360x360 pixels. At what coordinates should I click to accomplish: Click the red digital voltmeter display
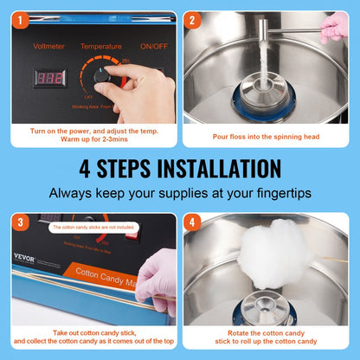click(x=48, y=78)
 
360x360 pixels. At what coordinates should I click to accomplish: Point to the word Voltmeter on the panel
click(x=49, y=46)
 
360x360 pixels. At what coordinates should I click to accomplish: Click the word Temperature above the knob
click(x=100, y=46)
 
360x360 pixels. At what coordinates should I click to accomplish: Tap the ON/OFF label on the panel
click(x=152, y=46)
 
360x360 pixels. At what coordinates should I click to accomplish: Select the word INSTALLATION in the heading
click(x=214, y=168)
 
